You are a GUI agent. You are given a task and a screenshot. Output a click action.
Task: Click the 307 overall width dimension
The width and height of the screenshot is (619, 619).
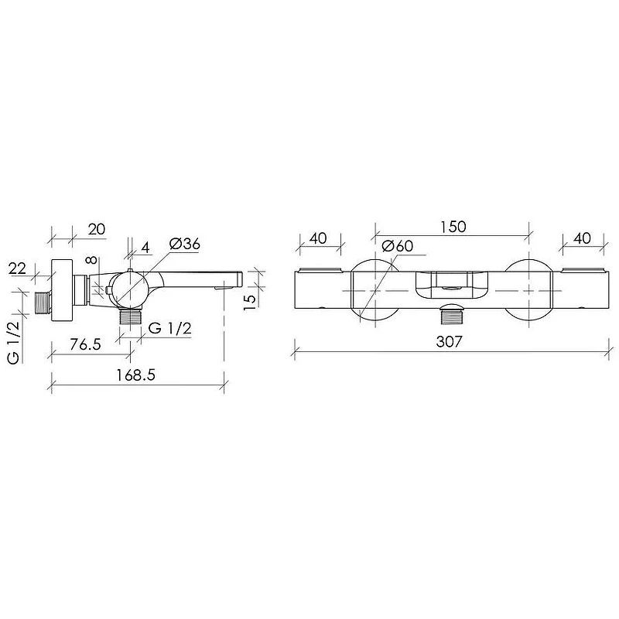point(449,341)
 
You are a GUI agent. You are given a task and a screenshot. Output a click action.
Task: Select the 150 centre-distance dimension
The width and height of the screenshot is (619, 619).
point(453,227)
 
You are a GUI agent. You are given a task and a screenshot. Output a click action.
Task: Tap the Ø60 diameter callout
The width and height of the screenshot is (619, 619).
point(398,246)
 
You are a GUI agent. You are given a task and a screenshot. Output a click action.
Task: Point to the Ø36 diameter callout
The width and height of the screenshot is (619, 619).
point(185,244)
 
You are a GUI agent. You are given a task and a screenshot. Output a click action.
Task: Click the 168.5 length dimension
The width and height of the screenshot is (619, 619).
point(136,375)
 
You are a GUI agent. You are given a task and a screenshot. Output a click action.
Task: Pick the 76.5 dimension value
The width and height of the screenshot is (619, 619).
point(86,344)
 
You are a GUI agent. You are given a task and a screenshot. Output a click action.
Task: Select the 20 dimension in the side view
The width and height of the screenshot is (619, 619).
point(97,229)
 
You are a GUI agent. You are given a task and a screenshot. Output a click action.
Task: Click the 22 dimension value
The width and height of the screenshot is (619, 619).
point(17,268)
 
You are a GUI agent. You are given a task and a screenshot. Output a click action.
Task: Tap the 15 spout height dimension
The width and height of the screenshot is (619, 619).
point(250,302)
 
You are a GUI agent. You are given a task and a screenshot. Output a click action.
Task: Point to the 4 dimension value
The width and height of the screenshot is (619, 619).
point(145,248)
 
